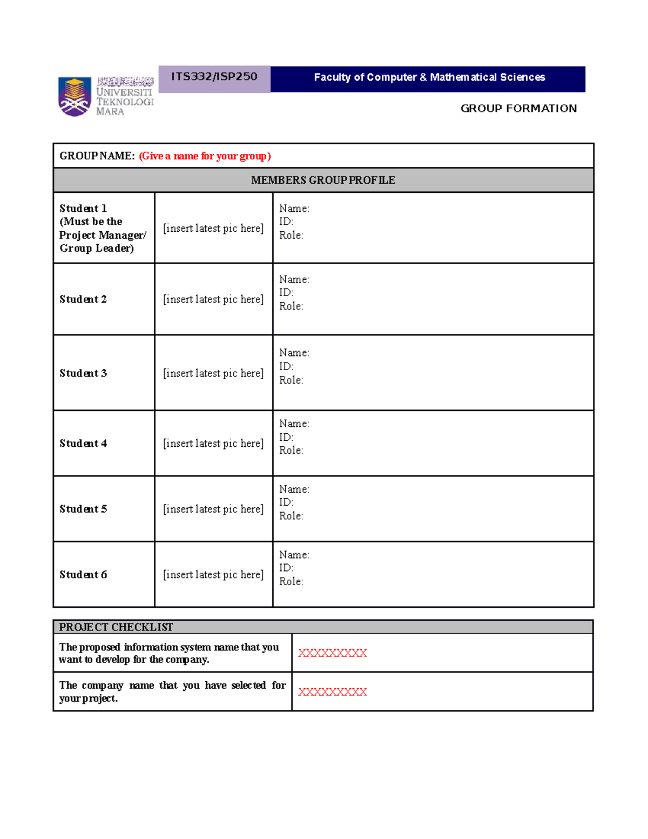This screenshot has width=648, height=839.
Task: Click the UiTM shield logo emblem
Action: (74, 97)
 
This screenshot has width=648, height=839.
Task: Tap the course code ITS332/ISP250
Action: (214, 77)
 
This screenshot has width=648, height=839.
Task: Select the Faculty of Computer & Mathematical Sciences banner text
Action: (429, 77)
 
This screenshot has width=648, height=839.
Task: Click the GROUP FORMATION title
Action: (518, 109)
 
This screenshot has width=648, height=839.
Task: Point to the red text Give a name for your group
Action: (205, 156)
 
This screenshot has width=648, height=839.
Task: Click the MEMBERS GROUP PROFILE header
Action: (323, 180)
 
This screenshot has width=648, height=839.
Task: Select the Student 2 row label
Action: (83, 299)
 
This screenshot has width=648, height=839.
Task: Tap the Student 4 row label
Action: (83, 444)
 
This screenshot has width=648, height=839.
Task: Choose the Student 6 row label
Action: (83, 575)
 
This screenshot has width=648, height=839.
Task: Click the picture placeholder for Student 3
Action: (213, 373)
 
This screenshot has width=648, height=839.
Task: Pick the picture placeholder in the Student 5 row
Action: (213, 509)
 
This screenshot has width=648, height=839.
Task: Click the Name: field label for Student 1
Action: (294, 209)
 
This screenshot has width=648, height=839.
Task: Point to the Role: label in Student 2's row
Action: (291, 306)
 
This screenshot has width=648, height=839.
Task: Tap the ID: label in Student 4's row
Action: (286, 437)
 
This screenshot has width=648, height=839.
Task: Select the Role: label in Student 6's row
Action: (291, 582)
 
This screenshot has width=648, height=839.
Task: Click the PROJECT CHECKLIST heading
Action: (116, 627)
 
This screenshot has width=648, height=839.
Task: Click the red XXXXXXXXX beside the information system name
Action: (332, 653)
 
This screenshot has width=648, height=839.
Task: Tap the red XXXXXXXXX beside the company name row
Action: (332, 692)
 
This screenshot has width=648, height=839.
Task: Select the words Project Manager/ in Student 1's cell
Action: (103, 235)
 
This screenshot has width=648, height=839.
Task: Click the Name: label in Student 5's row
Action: (294, 489)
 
